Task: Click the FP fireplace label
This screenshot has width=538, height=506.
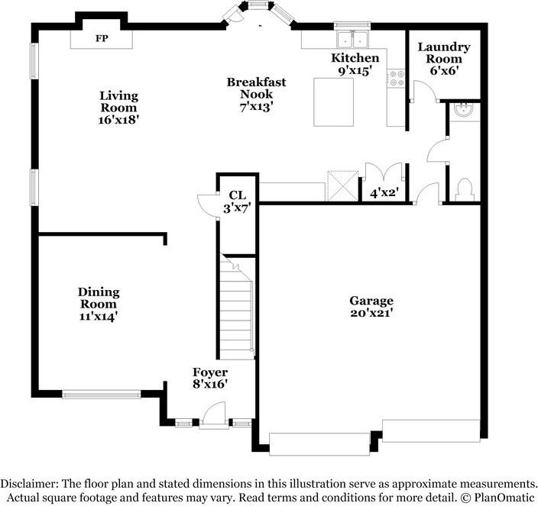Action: pos(102,38)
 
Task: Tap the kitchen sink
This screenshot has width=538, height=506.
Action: pos(352,40)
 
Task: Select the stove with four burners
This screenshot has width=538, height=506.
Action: pos(396,78)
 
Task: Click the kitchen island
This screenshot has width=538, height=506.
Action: pos(333,102)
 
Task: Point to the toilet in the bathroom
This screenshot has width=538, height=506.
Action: pos(465,190)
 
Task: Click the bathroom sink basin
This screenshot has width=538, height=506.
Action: pos(463,110)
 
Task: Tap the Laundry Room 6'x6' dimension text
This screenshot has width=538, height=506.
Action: pos(444,70)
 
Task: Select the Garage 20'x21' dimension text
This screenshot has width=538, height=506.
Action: pos(371,313)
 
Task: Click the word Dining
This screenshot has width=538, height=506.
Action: pos(99,292)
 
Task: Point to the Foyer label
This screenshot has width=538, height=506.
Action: pos(210,372)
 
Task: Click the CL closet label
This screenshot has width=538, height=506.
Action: pos(238,195)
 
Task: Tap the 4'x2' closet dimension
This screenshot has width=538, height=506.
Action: pos(384,194)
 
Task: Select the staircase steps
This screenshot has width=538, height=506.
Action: pos(237,308)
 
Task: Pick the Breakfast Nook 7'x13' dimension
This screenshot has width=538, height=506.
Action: pos(256,107)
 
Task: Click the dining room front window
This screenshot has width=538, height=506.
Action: pos(102,395)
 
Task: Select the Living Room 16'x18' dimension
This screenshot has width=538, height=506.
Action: pos(118,120)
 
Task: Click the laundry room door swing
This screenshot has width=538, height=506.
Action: pos(424,91)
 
